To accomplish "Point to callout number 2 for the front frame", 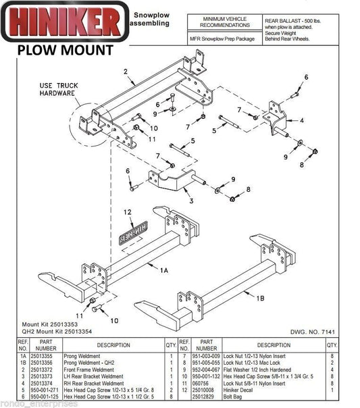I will point(126,70).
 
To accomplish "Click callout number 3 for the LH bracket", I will point(192,201).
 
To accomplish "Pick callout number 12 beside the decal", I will point(126,213).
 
